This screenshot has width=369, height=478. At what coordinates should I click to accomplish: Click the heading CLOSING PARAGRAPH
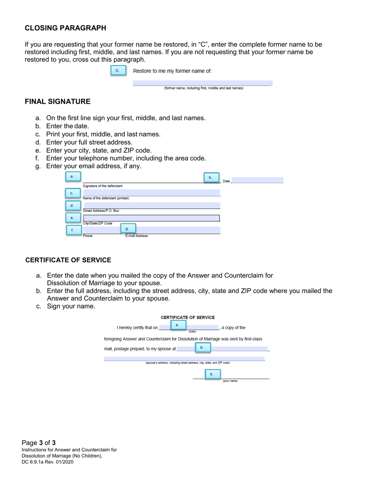(65, 28)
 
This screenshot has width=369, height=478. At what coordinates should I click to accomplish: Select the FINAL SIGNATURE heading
(57, 102)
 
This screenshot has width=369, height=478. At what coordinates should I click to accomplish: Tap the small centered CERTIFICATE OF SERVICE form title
(188, 318)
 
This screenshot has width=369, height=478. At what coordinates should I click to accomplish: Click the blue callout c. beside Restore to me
(118, 71)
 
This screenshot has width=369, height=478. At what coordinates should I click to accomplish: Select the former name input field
(202, 83)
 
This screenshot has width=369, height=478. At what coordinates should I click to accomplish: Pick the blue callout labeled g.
(127, 229)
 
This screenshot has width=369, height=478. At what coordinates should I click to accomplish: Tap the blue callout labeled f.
(72, 230)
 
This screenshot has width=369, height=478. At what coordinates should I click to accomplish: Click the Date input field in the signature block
(257, 180)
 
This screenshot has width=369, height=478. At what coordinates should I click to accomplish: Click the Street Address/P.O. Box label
(101, 211)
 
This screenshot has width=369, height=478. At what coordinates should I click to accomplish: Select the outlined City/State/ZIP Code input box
(151, 218)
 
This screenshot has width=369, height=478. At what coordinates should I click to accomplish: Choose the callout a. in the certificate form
(177, 325)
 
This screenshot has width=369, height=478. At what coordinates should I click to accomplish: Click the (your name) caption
(230, 381)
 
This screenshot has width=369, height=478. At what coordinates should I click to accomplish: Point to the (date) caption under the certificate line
(192, 332)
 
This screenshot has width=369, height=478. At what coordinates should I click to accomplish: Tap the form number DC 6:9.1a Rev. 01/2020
(47, 462)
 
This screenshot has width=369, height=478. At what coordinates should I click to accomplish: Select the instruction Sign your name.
(71, 306)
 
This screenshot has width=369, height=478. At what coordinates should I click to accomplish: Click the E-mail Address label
(136, 236)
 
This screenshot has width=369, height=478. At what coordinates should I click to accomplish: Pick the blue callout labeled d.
(72, 205)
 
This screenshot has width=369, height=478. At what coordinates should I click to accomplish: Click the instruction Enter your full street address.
(89, 142)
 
